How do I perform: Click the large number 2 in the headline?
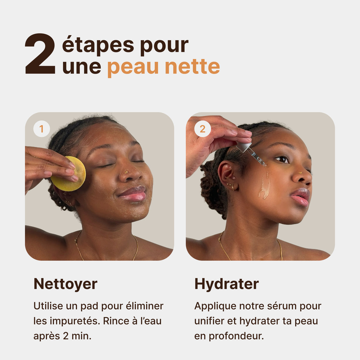(40, 54)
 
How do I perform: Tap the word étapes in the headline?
(98, 45)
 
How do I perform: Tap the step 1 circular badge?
(41, 129)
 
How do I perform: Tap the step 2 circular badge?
(202, 129)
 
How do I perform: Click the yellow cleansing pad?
(69, 174)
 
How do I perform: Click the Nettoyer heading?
(65, 284)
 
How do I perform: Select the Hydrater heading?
(226, 284)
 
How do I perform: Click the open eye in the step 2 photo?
(282, 159)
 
